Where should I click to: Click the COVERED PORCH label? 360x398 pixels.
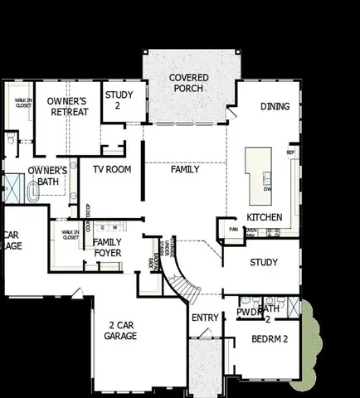189,83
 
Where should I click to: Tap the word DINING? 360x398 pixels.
275,106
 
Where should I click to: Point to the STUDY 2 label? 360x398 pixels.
119,99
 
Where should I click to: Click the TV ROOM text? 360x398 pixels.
111,169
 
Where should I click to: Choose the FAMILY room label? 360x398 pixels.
185,169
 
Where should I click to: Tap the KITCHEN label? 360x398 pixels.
265,217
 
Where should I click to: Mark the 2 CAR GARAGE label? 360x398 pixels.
120,330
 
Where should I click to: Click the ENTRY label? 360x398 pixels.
205,318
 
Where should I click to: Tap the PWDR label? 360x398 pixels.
248,313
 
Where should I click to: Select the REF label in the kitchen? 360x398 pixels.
290,153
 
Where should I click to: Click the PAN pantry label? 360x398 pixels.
234,229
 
